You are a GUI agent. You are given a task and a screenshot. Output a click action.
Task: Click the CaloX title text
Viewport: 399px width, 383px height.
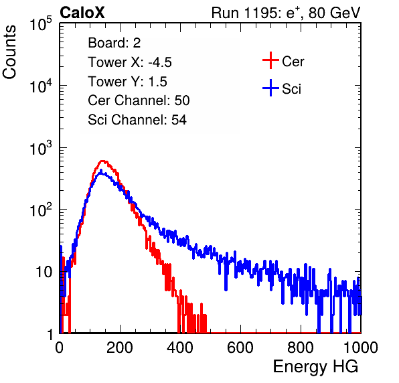82,13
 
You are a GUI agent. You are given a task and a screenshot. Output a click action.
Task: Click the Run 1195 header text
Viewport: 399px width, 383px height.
286,13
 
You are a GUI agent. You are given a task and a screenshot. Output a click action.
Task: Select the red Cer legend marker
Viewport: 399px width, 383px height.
270,60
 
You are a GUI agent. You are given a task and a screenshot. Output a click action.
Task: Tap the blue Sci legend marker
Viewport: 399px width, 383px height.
270,88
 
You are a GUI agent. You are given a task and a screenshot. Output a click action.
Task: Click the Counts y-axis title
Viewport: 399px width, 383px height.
9,52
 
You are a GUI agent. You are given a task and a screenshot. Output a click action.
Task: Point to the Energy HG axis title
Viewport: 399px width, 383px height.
315,367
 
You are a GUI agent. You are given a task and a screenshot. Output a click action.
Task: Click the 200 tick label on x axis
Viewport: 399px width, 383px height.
120,348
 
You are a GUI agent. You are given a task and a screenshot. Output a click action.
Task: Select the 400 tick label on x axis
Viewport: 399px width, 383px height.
180,348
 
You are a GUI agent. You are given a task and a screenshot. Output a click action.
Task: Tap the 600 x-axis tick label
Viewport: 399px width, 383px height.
240,348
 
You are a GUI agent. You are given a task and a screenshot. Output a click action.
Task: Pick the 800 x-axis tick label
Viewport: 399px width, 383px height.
301,348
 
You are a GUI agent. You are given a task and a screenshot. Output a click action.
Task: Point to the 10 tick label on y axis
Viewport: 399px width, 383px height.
44,273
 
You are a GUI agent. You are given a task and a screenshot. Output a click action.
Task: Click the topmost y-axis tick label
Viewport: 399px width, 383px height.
41,23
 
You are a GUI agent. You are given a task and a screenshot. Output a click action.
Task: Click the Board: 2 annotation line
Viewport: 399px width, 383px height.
114,43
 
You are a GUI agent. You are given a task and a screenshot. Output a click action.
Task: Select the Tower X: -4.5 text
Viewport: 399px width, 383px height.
130,62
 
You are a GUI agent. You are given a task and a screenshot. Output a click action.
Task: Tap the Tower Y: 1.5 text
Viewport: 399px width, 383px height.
127,82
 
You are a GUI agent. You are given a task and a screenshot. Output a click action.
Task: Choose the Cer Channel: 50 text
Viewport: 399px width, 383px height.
139,100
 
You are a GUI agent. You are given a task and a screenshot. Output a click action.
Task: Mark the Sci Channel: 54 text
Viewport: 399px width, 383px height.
137,120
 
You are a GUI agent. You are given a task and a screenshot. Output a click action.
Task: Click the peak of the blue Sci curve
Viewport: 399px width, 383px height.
101,170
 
